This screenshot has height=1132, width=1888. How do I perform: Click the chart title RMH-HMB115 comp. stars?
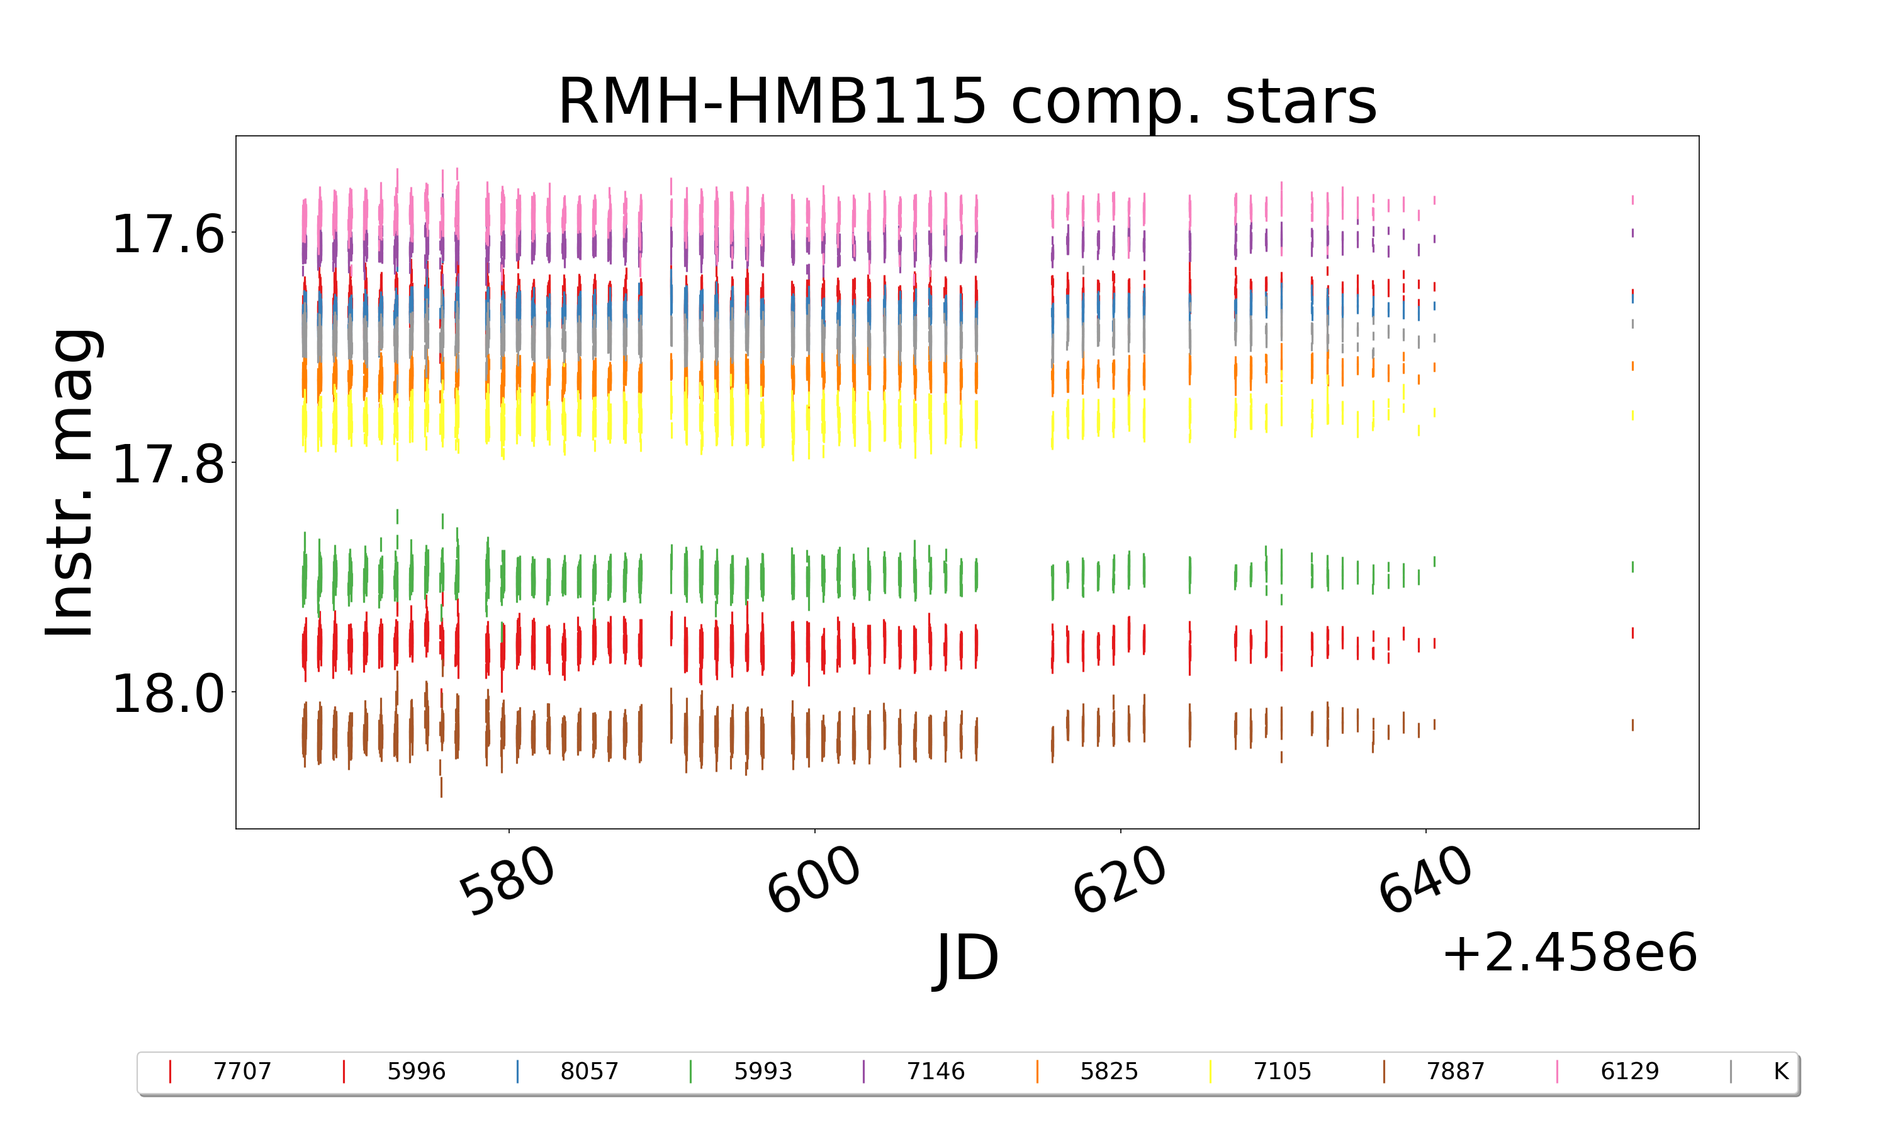click(967, 101)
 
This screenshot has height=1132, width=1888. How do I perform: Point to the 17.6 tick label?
click(168, 233)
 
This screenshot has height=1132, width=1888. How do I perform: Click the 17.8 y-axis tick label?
click(168, 463)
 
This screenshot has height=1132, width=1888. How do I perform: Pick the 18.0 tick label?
click(168, 694)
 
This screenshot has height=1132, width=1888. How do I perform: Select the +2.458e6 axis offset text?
click(1569, 953)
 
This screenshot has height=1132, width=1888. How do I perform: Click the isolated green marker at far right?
click(1632, 567)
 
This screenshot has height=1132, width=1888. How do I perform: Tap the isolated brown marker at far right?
click(1632, 724)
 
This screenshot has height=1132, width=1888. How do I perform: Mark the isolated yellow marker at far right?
click(1632, 415)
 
